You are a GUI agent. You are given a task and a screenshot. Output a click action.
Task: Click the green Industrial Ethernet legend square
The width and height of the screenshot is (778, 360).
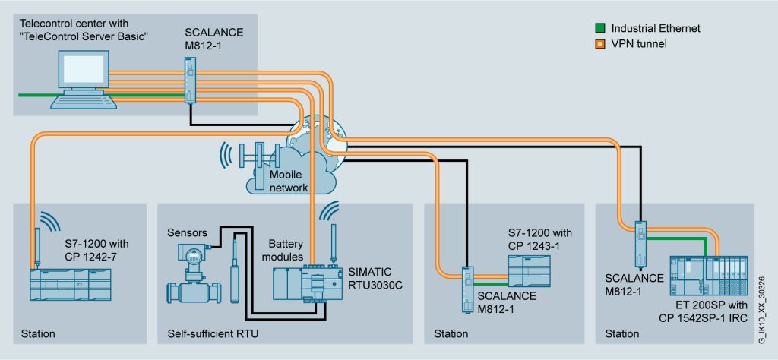(599, 29)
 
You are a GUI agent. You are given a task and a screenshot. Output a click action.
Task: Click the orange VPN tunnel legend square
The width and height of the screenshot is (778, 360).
(599, 44)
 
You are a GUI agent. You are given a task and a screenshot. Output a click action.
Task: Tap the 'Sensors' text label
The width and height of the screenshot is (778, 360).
(187, 229)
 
